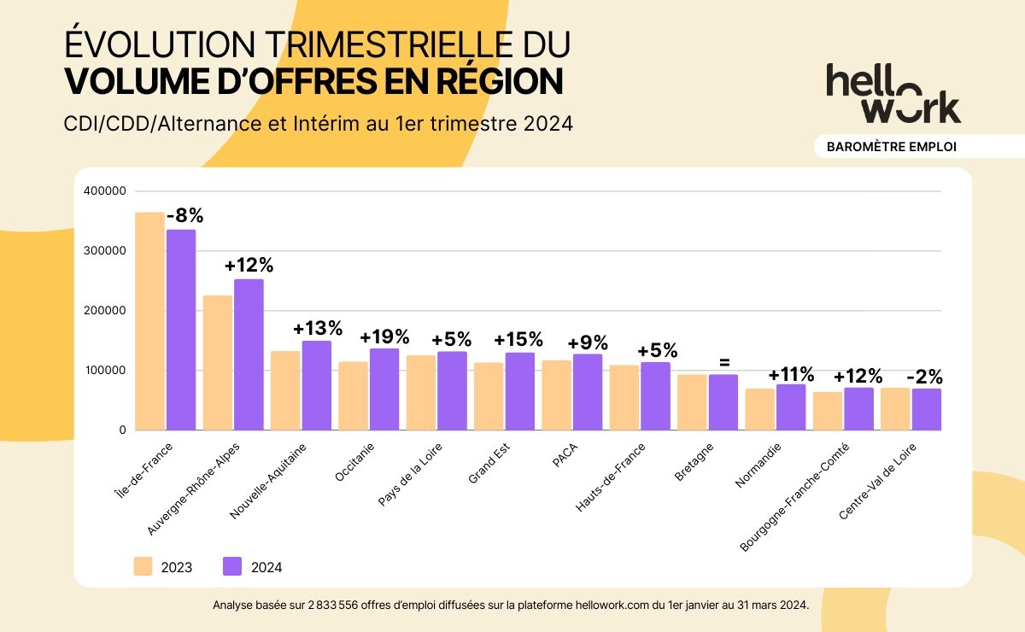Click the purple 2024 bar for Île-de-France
181,330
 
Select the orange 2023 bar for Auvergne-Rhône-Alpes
218,362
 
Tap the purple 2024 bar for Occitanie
384,389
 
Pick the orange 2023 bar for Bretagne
692,402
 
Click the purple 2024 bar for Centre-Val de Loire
927,410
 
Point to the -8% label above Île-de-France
184,215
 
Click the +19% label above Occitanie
384,337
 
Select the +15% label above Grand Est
518,340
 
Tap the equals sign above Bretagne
724,362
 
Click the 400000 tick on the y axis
105,190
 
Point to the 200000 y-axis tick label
105,310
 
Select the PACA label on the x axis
565,455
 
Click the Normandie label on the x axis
758,465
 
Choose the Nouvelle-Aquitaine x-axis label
267,481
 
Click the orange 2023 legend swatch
143,566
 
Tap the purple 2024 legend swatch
232,566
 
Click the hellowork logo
893,93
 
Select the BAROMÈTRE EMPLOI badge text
892,147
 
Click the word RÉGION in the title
499,81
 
